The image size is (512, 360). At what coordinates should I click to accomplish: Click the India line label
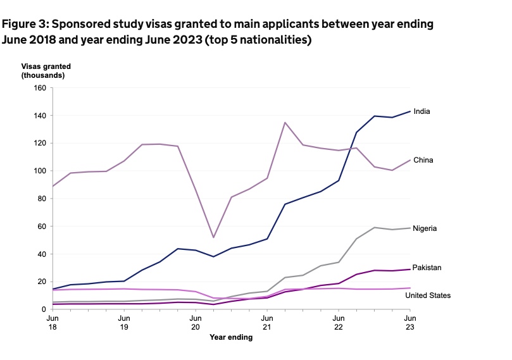coord(421,111)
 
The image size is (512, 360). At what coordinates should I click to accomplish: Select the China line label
coord(423,160)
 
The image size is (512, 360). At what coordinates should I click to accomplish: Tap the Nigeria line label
coord(425,228)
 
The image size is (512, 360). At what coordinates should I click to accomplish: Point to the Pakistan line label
coord(427,268)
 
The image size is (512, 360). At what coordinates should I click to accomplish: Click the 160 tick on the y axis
coord(39,87)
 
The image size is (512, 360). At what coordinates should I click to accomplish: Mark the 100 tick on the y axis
coord(39,171)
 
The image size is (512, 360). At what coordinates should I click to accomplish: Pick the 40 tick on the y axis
coord(41,254)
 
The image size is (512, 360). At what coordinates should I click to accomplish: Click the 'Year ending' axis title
coord(231,337)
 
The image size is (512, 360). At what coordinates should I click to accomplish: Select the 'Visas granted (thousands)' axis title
coord(46,70)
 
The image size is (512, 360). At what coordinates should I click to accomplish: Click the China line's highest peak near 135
coord(285,122)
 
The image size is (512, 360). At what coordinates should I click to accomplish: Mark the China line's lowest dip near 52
coord(214,238)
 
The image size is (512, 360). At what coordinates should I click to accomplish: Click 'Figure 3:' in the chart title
coord(25,24)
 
